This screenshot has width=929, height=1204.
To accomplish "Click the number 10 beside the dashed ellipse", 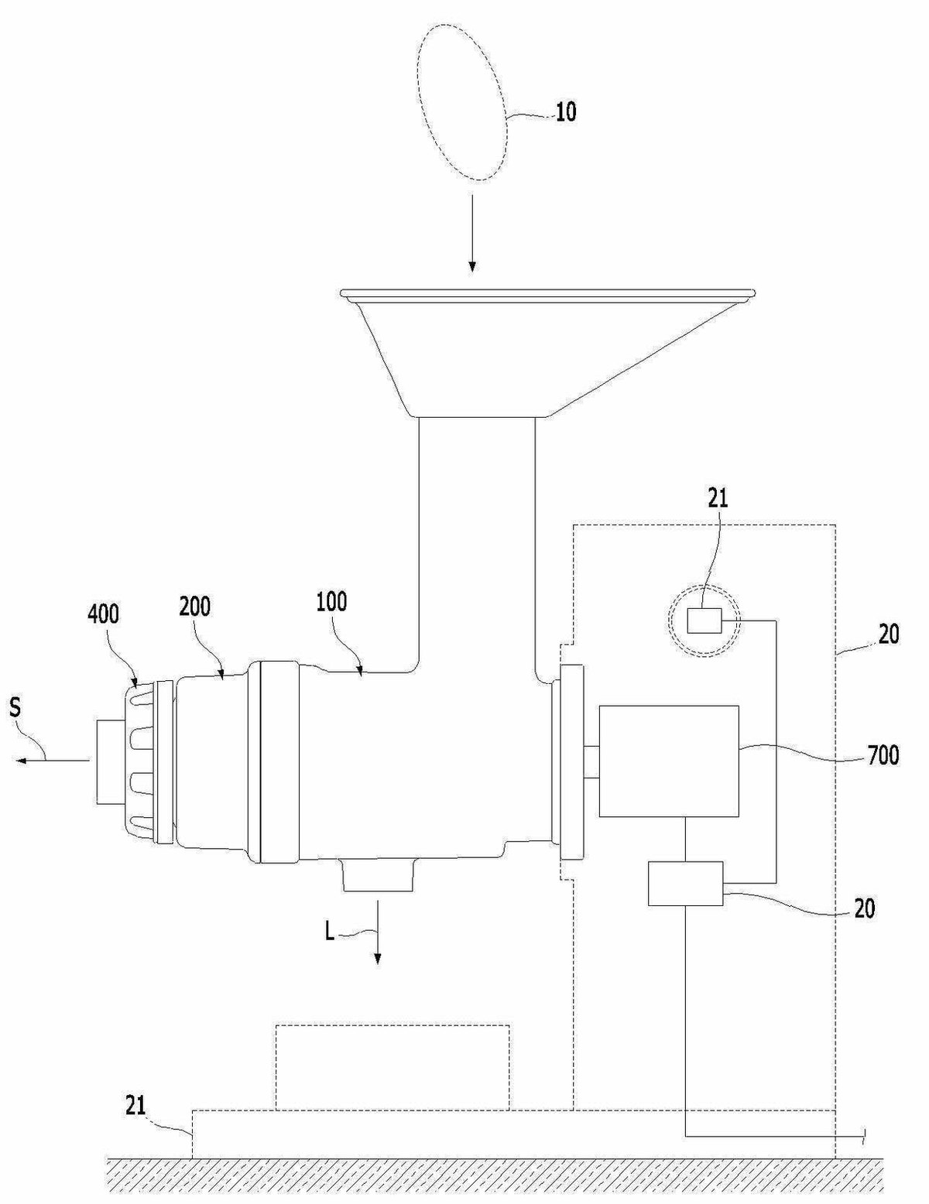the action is tap(565, 112).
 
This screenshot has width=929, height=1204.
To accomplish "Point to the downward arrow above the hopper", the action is tap(471, 233).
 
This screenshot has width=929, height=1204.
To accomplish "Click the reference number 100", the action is tap(332, 602).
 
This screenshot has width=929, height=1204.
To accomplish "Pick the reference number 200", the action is tap(194, 607).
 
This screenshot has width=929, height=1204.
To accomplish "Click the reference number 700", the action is tap(883, 755).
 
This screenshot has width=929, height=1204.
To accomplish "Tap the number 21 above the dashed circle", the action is tap(718, 499).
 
